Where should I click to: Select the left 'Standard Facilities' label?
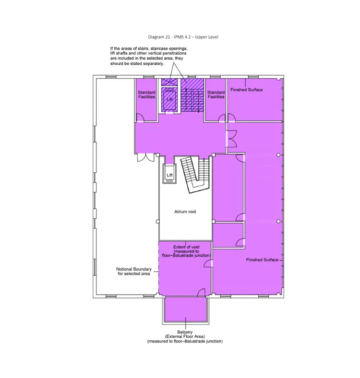coord(146,94)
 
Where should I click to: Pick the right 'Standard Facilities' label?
coord(216,94)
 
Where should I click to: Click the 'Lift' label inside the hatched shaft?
coord(169,99)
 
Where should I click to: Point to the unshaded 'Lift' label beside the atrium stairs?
coord(169,176)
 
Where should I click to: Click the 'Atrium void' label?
coord(185,211)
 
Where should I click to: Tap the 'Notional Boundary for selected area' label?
coord(134,272)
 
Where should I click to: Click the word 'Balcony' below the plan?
coord(185,332)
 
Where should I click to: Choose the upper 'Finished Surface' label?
coord(246,90)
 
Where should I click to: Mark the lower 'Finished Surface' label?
coord(262,260)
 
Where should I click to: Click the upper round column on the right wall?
coord(278,154)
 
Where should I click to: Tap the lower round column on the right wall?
coord(278,221)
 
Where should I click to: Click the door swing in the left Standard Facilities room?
coord(140,117)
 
